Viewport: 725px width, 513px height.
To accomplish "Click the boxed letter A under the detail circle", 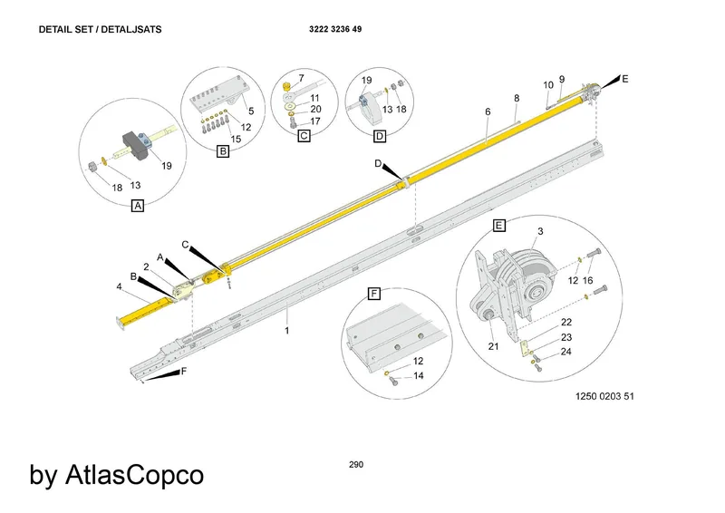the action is coord(138,206).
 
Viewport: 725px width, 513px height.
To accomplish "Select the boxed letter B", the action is coord(223,151).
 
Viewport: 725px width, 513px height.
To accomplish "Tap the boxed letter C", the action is coord(304,136).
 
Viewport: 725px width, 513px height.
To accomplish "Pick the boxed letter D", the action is coord(380,136).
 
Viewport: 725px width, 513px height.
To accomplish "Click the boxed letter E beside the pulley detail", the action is coord(499,226).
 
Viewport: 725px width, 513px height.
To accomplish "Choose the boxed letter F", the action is coord(373,294).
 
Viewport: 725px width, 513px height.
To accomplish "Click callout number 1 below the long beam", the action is coord(287,331).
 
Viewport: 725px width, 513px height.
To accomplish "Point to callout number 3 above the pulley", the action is coord(540,231).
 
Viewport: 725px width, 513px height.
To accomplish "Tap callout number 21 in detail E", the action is coord(493,346).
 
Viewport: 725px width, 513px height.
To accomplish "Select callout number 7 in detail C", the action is coord(302,78).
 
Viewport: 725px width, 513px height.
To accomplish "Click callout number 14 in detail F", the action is coord(419,375).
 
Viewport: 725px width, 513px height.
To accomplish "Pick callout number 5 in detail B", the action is coord(251,111).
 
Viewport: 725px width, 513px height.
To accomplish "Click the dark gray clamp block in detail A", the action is coord(135,145).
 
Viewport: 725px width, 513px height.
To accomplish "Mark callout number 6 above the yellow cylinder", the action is coord(488,112).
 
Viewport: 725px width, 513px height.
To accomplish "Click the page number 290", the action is coord(356,464).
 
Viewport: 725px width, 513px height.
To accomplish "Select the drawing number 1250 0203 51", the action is coord(604,396).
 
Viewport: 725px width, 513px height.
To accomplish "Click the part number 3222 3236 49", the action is coord(335,29).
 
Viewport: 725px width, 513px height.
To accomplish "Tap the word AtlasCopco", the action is coord(134,475).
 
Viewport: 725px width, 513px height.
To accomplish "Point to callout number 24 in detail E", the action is coord(565,352).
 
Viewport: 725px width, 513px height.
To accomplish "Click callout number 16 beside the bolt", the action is coord(587,281).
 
